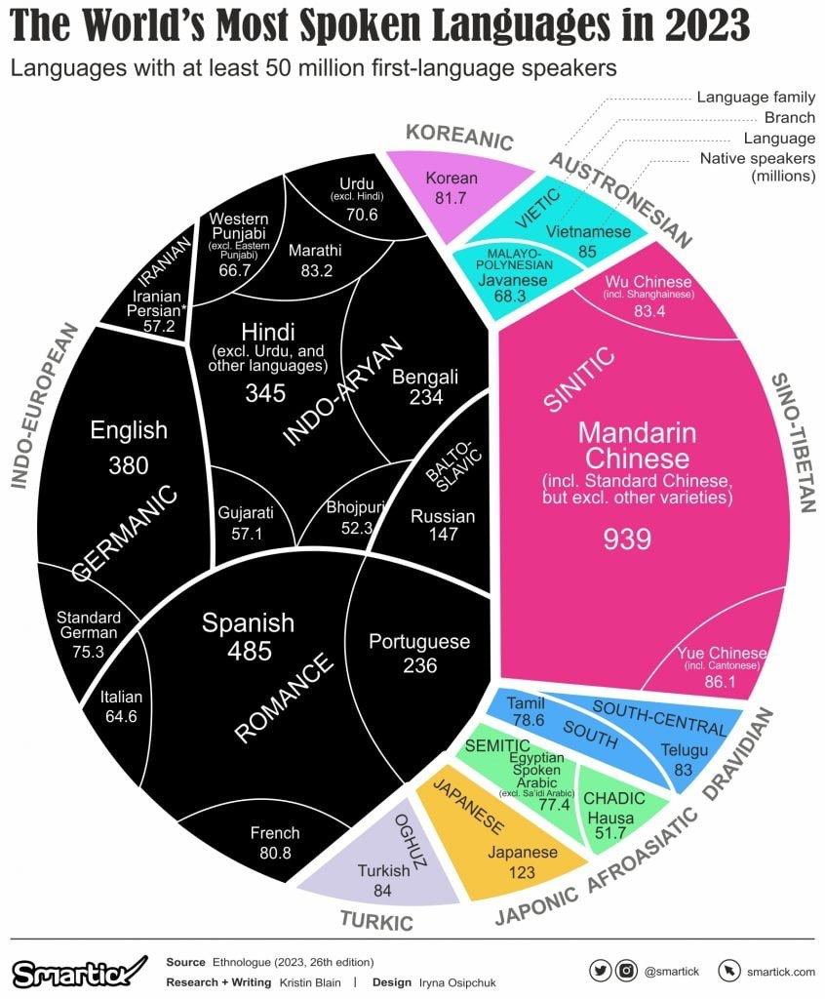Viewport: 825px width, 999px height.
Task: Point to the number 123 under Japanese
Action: [522, 872]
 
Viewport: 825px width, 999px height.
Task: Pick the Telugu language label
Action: [683, 751]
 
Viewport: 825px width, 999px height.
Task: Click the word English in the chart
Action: [129, 429]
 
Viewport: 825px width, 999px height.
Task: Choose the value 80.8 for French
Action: [275, 853]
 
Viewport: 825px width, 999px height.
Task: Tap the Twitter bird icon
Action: [602, 971]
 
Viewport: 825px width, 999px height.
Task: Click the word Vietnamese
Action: [587, 232]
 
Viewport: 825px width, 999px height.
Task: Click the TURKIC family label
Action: [375, 919]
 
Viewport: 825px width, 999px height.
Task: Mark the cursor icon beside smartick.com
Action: [727, 971]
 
